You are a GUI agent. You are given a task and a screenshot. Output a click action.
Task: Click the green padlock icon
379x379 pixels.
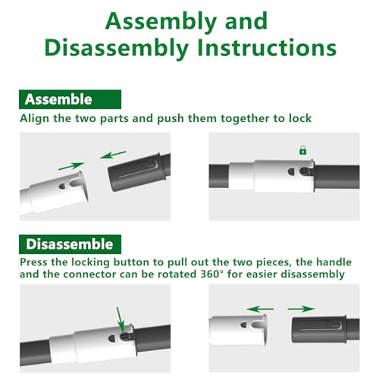click(x=302, y=150)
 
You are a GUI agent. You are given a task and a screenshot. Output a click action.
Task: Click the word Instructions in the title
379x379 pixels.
click(x=267, y=48)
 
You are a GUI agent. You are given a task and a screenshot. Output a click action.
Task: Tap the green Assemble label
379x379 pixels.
click(x=70, y=99)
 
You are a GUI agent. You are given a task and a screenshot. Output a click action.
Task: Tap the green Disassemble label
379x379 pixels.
click(x=70, y=244)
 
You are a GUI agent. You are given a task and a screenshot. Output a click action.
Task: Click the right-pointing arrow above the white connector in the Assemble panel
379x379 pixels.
click(x=71, y=166)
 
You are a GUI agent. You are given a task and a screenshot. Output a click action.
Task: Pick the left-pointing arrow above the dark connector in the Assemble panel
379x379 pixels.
click(x=113, y=155)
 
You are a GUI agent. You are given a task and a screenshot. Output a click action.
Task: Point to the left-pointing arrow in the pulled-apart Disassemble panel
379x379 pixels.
click(x=260, y=309)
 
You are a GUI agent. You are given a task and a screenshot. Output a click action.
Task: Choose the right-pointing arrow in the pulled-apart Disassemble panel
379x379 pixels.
click(x=301, y=309)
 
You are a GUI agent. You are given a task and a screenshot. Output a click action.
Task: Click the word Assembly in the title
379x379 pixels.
click(x=161, y=21)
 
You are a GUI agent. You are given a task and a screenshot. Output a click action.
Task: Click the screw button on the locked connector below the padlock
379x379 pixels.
click(x=304, y=172)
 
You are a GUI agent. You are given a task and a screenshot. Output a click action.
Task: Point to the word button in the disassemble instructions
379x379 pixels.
click(x=130, y=262)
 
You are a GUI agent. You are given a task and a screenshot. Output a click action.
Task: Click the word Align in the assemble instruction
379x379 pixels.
click(x=35, y=119)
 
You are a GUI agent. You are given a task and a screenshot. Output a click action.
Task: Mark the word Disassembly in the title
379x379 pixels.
click(x=117, y=48)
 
